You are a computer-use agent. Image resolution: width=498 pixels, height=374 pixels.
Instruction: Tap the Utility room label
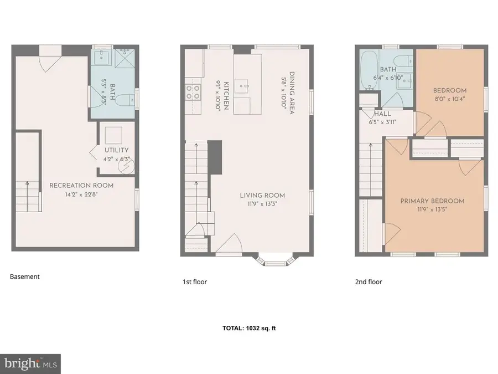(x=116, y=150)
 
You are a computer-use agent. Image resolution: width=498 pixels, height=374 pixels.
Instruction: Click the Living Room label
(x=262, y=195)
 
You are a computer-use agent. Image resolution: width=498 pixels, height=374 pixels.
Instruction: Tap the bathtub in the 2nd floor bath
(x=367, y=70)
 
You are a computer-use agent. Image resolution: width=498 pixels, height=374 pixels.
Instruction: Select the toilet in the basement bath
(x=126, y=100)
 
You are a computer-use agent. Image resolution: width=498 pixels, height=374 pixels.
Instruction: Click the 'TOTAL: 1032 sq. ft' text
(x=248, y=329)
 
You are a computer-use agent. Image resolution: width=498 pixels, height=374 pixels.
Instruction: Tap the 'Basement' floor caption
(x=25, y=276)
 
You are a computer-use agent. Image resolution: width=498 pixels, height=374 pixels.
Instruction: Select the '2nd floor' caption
(x=369, y=282)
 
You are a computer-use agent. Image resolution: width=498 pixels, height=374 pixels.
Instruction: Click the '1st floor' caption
(x=195, y=282)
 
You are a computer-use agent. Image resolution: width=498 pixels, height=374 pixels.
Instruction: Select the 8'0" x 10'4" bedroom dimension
(x=449, y=100)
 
